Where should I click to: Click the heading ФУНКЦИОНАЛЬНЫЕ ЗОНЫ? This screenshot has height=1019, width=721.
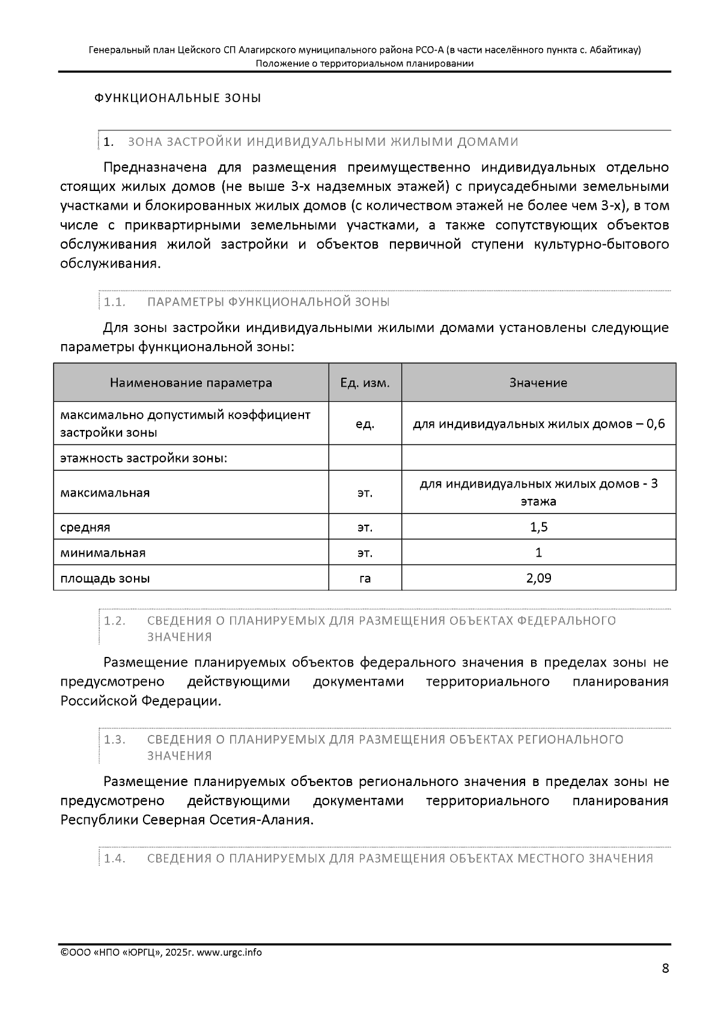(x=178, y=98)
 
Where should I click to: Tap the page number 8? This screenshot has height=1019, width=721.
(x=665, y=968)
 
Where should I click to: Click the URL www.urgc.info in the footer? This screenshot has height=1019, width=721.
(x=230, y=952)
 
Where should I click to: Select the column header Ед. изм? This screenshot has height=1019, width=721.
(x=365, y=383)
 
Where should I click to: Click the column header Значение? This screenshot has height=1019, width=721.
(x=538, y=383)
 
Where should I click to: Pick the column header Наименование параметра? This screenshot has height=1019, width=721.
(x=190, y=383)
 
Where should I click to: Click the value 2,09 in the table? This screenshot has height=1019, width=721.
(x=538, y=578)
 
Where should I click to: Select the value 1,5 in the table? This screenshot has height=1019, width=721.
(x=538, y=527)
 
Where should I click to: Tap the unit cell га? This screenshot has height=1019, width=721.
(x=365, y=579)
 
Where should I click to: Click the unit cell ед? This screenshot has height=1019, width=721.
(x=365, y=424)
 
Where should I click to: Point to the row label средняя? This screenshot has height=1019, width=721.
(x=85, y=528)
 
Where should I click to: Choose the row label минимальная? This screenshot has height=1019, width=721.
(x=103, y=553)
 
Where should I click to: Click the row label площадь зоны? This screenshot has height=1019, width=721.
(x=105, y=579)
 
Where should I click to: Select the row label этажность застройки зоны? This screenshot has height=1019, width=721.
(x=144, y=458)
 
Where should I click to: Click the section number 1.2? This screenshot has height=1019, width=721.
(x=114, y=621)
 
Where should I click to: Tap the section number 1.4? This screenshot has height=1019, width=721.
(x=114, y=859)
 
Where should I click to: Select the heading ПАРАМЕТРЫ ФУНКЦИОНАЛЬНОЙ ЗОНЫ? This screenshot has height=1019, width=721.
(x=268, y=301)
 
